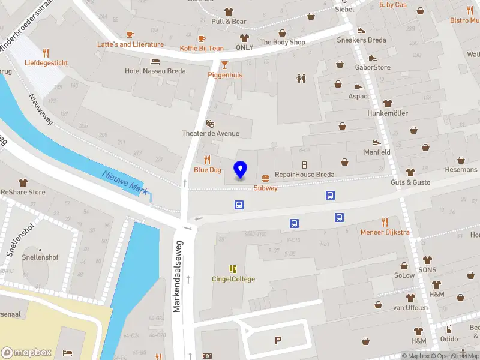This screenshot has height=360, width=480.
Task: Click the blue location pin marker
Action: (240, 170)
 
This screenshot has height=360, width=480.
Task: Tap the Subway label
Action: (265, 188)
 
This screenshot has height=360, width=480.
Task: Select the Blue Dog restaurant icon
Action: (207, 160)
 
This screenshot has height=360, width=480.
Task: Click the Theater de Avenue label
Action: (211, 133)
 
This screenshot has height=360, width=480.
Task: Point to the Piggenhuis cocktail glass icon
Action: (224, 65)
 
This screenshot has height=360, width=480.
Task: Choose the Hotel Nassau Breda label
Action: (155, 71)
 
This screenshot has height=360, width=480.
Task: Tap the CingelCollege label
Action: (233, 279)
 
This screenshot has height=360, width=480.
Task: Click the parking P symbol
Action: (278, 341)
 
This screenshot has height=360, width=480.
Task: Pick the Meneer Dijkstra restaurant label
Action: (385, 232)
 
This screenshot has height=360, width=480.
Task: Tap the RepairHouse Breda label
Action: (304, 175)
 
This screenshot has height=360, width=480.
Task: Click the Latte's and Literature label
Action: (131, 44)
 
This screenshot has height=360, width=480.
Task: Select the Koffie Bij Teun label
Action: (202, 48)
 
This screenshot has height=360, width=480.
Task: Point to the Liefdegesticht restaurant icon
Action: (46, 53)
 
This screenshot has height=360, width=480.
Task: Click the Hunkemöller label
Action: (388, 113)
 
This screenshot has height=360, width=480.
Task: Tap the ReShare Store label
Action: (23, 192)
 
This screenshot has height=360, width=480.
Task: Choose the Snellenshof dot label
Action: (40, 250)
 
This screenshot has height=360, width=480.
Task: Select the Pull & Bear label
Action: (229, 22)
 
